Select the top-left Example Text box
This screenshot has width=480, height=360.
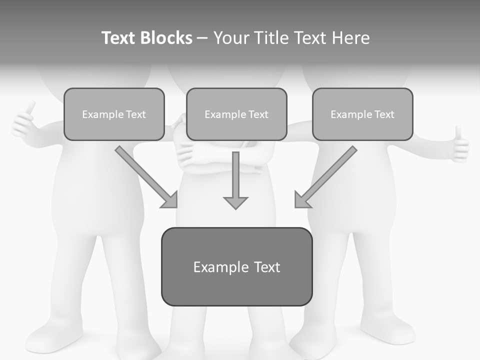click(114, 114)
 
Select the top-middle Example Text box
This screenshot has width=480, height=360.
click(236, 114)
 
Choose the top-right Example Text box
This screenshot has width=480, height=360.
click(362, 114)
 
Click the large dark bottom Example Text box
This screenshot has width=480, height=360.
click(236, 266)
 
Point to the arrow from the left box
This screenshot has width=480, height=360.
click(147, 177)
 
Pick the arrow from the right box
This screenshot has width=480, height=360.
click(325, 177)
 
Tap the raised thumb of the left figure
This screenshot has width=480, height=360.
click(30, 108)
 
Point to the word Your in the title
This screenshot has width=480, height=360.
click(231, 38)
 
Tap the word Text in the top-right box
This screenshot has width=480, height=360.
click(383, 114)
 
